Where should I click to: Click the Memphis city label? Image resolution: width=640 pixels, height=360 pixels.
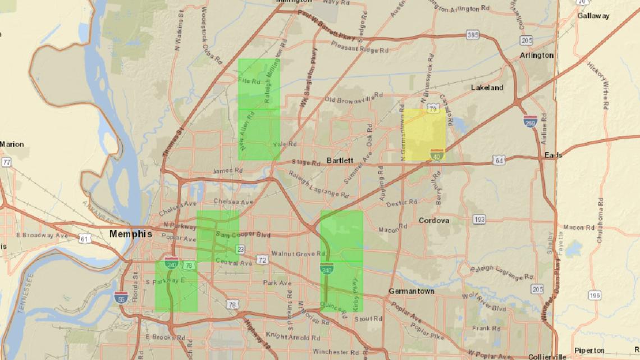[x=130, y=234]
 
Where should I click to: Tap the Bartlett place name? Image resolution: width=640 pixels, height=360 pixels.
[x=340, y=161]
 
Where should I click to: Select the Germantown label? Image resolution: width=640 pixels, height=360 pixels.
[x=412, y=291]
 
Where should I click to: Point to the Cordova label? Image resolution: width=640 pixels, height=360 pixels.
[x=433, y=221]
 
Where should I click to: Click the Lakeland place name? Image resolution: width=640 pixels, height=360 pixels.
[x=487, y=88]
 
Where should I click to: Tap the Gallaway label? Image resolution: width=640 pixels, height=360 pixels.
[x=593, y=16]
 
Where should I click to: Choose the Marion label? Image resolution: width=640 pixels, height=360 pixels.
[x=11, y=144]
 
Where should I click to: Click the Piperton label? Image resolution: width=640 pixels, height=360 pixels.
[x=589, y=350]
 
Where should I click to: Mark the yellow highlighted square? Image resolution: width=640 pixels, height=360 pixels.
[x=423, y=135]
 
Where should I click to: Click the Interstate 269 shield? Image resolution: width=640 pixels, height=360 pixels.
[x=530, y=120]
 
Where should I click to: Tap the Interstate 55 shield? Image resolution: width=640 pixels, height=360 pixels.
[x=120, y=297]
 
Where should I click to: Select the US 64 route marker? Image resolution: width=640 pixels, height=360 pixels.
[x=499, y=161]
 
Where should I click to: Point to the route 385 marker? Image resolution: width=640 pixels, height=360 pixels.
[x=472, y=35]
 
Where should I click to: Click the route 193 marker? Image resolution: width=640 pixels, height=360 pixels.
[x=479, y=220]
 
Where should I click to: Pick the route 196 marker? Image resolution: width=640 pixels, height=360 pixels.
[x=595, y=295]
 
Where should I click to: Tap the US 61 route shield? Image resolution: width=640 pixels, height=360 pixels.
[x=84, y=239]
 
